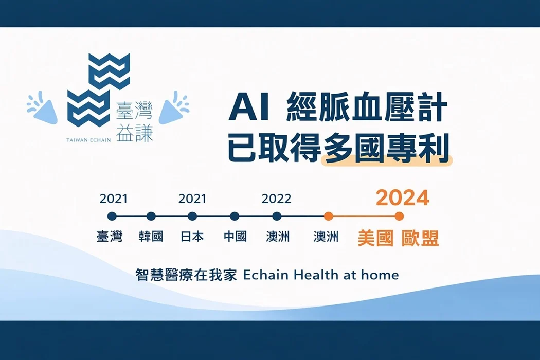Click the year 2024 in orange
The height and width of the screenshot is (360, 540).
(x=403, y=197)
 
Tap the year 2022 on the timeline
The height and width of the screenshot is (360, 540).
(x=276, y=199)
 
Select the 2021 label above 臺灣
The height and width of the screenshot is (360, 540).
(x=113, y=199)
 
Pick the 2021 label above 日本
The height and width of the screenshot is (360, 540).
(x=192, y=199)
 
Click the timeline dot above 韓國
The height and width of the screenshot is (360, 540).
(x=151, y=216)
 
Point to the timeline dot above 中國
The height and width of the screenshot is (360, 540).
(x=235, y=216)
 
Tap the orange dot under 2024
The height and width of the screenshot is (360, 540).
(x=399, y=216)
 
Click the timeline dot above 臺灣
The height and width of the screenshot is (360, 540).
(x=112, y=216)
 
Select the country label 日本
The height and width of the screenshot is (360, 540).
(x=192, y=237)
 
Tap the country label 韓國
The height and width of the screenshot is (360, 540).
(x=151, y=237)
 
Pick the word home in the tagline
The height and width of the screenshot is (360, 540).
(x=380, y=275)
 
